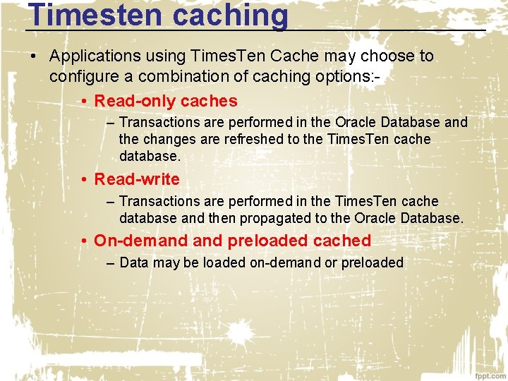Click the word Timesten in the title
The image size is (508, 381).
point(86,16)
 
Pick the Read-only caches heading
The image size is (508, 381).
point(166,101)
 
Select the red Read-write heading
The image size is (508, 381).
point(137,179)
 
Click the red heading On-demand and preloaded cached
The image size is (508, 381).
point(232,241)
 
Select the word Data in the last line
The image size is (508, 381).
point(135,263)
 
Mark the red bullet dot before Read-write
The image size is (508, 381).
point(83,179)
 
